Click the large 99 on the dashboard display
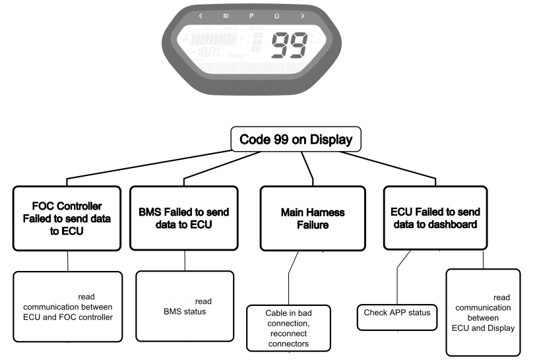[x=288, y=46]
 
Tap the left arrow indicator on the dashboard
[x=201, y=15]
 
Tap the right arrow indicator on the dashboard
[x=302, y=15]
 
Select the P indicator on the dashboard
[x=251, y=15]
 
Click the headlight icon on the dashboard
[x=226, y=15]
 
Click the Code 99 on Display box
[x=295, y=140]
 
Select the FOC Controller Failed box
[x=67, y=218]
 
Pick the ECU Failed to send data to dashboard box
[x=435, y=217]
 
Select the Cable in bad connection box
[x=288, y=328]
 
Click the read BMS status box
[x=184, y=305]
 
